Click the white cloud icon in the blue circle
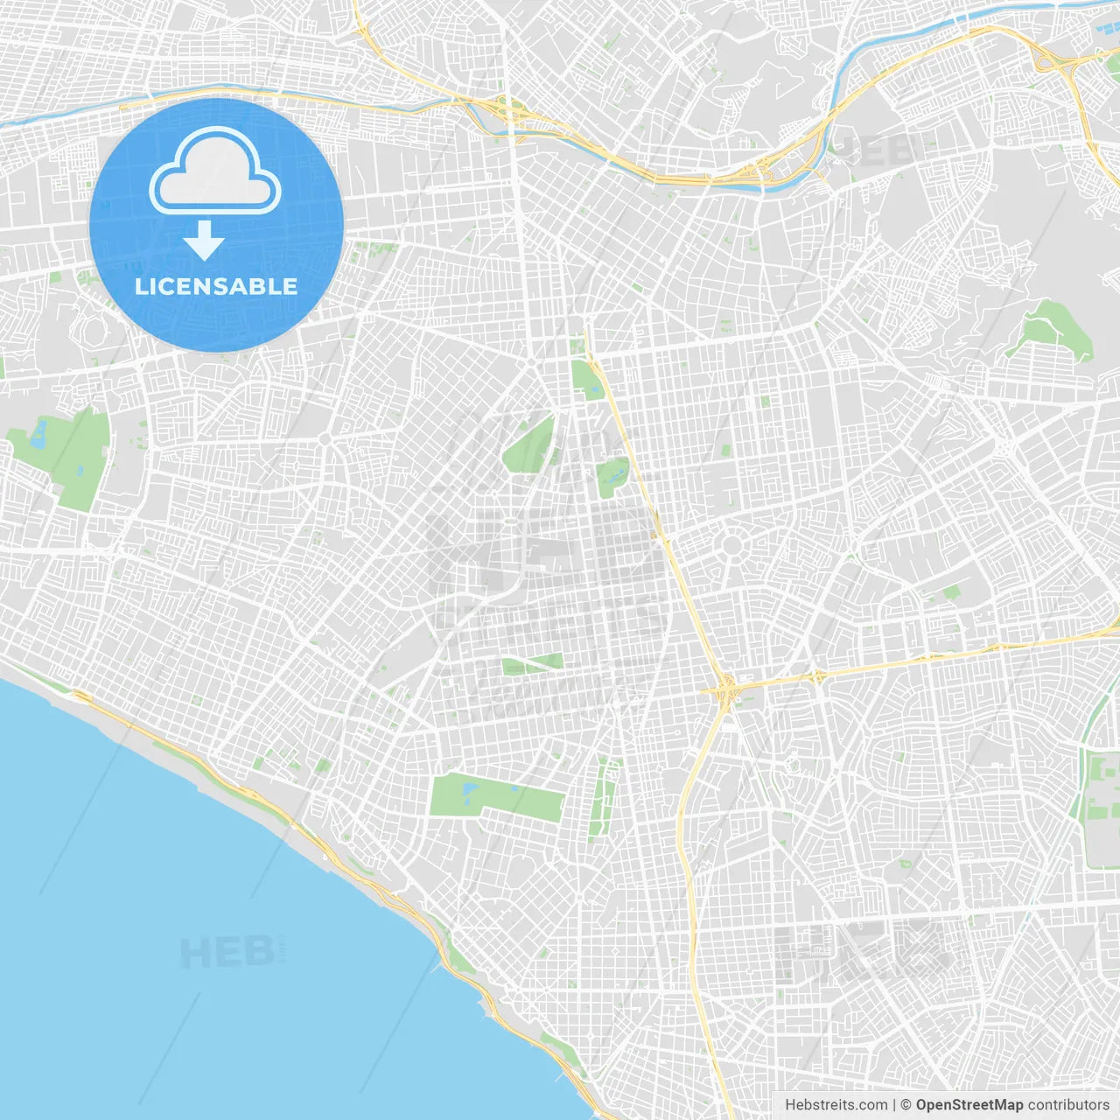point(215,171)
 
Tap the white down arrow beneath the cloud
point(204,241)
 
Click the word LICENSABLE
point(215,286)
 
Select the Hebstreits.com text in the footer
point(836,1105)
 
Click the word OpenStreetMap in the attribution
point(969,1105)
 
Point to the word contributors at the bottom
point(1067,1105)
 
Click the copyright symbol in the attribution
point(906,1105)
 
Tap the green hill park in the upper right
point(1050,328)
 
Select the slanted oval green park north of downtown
point(531,446)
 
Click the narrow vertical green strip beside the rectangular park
point(602,796)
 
